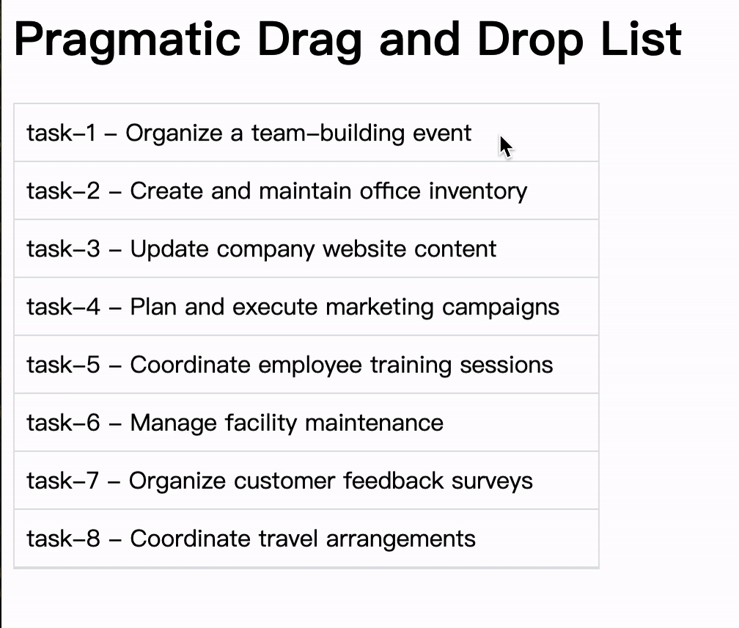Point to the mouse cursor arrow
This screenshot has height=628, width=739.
(506, 146)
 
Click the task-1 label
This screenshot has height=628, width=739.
(61, 133)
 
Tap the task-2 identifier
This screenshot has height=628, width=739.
(62, 191)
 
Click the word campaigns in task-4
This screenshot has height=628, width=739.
(500, 307)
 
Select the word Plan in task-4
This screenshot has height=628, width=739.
(153, 307)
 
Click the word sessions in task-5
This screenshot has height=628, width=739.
(506, 365)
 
